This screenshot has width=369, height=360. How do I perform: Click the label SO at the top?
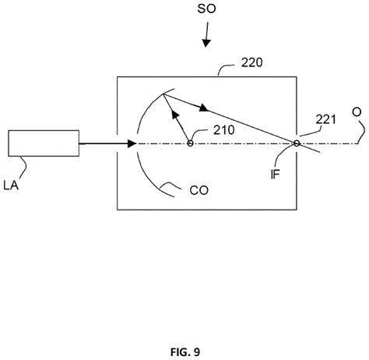tap(206, 9)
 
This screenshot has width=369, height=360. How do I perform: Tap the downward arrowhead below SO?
tap(206, 43)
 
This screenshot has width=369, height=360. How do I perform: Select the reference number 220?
tap(251, 62)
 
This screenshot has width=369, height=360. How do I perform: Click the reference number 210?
tap(224, 130)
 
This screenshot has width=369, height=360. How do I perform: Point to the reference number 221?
tap(325, 119)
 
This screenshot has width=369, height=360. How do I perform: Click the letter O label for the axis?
tap(357, 112)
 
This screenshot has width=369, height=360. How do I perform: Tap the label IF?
tap(275, 174)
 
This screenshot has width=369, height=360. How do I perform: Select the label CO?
tap(199, 190)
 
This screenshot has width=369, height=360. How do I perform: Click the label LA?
tap(11, 185)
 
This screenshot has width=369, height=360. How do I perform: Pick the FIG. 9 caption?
tap(185, 352)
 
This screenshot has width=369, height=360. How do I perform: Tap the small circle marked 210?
tap(190, 143)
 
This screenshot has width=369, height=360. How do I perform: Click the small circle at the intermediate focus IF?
tap(297, 143)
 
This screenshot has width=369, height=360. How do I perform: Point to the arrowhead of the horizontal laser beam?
tap(132, 143)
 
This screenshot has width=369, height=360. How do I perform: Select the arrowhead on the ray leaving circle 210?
tap(176, 115)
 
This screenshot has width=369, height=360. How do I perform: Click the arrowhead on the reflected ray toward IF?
tap(204, 108)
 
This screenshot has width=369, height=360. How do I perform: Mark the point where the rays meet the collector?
tap(163, 94)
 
